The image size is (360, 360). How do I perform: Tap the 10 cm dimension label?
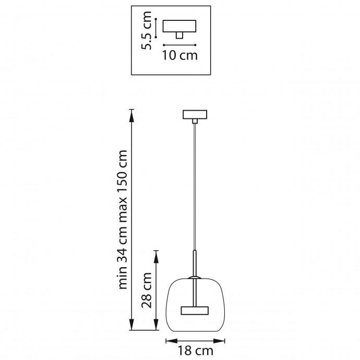click(180, 55)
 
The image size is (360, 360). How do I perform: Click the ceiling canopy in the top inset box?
click(179, 26)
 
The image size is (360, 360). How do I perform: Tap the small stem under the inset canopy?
click(179, 35)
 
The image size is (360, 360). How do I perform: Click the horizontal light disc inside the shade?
click(195, 311)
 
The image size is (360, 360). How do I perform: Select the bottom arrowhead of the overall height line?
click(131, 328)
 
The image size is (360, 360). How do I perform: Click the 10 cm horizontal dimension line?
click(179, 44)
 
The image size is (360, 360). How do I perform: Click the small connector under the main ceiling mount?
click(195, 122)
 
